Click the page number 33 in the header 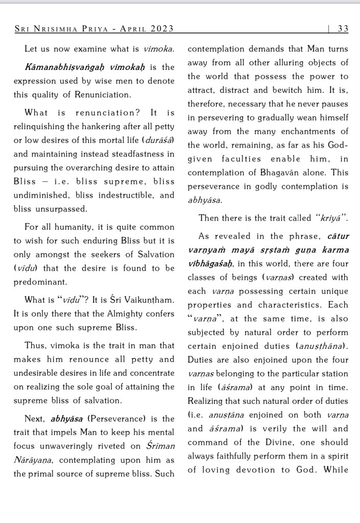pyautogui.click(x=343, y=29)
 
